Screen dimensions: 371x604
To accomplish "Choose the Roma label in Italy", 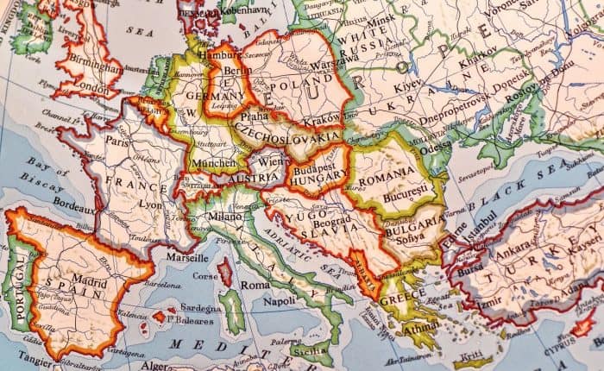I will (x=255, y=285).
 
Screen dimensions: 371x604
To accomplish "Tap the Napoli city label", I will (x=280, y=303).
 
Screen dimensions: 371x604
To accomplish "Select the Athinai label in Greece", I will (x=421, y=327).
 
